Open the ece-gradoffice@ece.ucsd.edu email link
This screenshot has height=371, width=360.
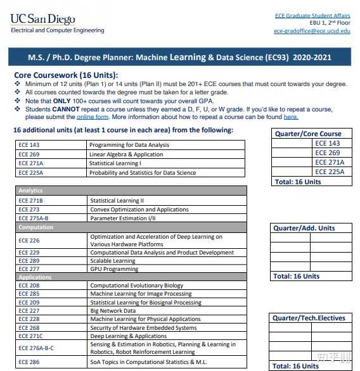pos(311,30)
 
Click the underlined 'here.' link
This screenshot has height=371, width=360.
pos(290,117)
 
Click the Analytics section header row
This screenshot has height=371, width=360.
pos(131,191)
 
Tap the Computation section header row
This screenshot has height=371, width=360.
pos(131,227)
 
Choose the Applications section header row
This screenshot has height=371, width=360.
pos(131,277)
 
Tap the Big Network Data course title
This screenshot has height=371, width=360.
pos(113,311)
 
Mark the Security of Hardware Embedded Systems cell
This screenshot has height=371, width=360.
pos(143,328)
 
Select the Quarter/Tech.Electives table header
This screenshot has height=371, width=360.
pos(309,318)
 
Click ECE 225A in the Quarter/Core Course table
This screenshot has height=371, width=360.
pos(330,171)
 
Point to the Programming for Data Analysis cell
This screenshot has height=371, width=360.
pos(129,145)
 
